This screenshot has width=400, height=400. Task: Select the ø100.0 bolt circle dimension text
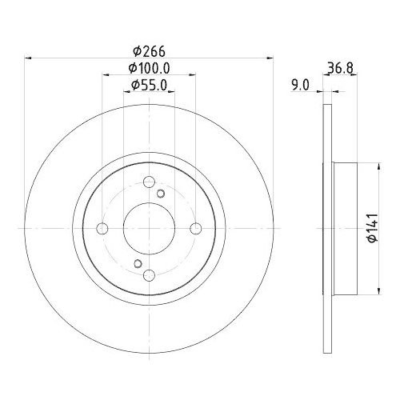[150, 69]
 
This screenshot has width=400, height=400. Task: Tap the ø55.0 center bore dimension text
[150, 86]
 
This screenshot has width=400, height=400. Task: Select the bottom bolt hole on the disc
[149, 275]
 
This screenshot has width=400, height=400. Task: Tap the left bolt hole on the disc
[102, 229]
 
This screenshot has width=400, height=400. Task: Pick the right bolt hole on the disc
[195, 229]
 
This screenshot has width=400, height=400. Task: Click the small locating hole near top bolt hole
[161, 194]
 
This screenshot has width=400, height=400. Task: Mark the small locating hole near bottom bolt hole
[138, 264]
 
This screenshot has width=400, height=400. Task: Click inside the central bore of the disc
[149, 229]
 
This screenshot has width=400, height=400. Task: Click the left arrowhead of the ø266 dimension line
[29, 57]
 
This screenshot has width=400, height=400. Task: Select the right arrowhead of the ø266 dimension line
[269, 57]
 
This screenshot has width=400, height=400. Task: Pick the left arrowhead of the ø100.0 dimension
[105, 76]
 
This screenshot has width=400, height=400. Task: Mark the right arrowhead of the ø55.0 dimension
[172, 93]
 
